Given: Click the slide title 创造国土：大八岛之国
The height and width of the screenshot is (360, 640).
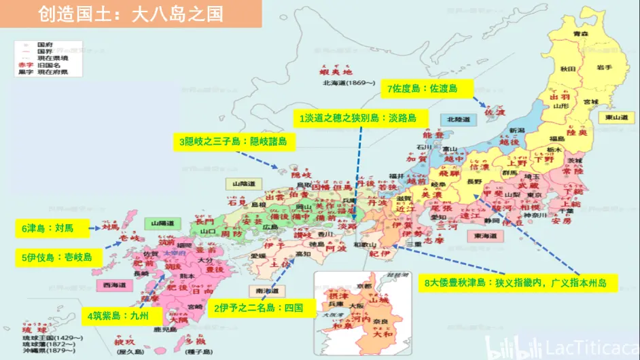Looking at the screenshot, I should tap(130, 14).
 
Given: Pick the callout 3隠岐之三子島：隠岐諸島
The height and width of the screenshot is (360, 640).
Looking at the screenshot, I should tap(232, 141).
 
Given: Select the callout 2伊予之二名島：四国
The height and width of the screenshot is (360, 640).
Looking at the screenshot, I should tap(258, 308).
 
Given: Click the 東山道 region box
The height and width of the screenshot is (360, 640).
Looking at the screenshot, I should tap(617, 118).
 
